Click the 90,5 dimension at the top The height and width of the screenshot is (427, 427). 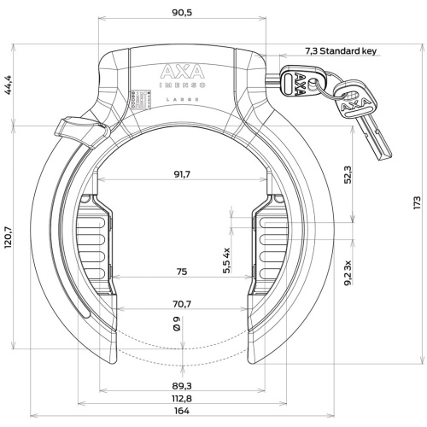(182, 13)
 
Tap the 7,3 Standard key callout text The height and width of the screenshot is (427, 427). (341, 51)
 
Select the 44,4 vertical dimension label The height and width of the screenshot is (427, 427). (8, 85)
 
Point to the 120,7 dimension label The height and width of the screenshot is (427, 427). (8, 237)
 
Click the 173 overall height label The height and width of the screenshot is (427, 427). (417, 203)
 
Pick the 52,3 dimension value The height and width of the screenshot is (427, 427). (348, 174)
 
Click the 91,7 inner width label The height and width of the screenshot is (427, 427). (182, 174)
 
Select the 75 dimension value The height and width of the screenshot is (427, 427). (182, 272)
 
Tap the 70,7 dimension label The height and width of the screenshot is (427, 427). (182, 304)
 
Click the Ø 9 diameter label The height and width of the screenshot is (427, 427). (177, 324)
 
